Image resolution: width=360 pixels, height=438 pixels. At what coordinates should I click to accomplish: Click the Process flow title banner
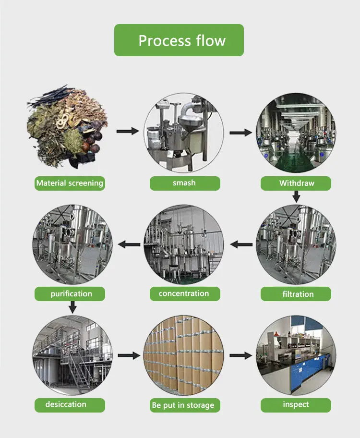(x=179, y=40)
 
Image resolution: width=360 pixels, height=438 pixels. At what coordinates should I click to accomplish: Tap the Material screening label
(x=70, y=183)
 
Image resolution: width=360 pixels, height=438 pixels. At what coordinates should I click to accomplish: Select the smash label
(x=184, y=183)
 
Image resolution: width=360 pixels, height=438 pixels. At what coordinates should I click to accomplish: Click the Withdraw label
(x=296, y=183)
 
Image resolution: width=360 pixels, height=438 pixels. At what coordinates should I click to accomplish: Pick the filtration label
(x=296, y=294)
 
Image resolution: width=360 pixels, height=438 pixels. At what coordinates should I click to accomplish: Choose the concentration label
(x=184, y=293)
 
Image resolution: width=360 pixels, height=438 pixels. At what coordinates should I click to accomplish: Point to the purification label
(x=71, y=293)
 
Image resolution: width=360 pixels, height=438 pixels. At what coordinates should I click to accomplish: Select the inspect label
(x=296, y=404)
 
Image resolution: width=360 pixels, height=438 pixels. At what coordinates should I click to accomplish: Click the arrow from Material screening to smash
(x=127, y=131)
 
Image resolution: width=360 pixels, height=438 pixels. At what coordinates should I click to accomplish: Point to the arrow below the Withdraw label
(x=296, y=196)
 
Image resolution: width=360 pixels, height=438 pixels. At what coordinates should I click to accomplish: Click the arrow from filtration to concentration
(x=241, y=244)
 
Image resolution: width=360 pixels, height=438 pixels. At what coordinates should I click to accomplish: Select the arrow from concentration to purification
(x=129, y=244)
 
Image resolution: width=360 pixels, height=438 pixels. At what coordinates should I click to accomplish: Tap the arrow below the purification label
(x=72, y=306)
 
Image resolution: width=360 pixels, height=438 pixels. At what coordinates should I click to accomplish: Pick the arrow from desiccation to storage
(x=129, y=355)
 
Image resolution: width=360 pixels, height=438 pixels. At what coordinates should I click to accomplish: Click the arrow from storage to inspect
(x=241, y=355)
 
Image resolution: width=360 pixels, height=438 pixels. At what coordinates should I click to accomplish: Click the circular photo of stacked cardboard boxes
(x=184, y=356)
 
